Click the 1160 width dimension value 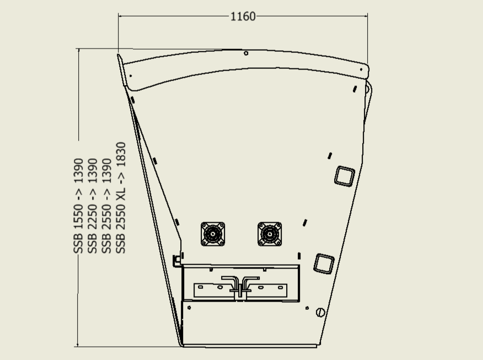coord(243,17)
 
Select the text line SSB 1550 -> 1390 coord(78,206)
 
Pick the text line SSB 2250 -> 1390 coord(93,206)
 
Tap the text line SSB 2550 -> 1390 coord(106,206)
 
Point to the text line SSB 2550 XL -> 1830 coord(120,198)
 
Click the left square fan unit coord(213,234)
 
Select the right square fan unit coord(270,234)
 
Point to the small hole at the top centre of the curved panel coord(246,53)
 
